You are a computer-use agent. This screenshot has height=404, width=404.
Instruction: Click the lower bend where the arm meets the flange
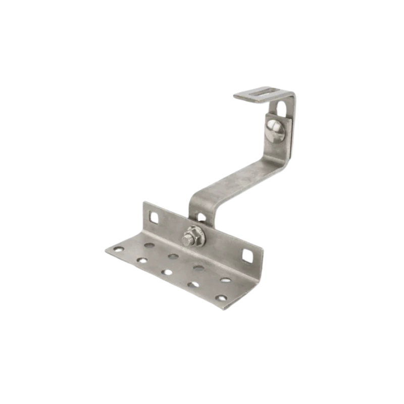(x=194, y=202)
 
